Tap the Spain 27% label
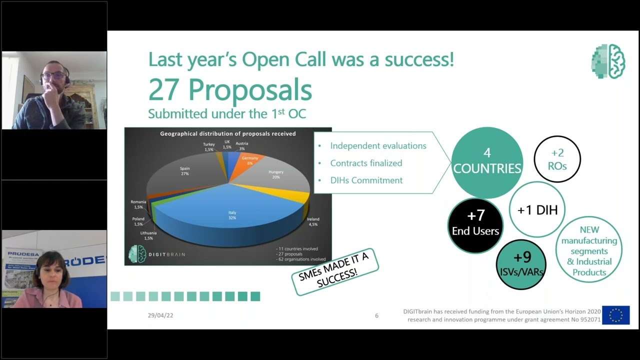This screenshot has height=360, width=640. pyautogui.click(x=185, y=171)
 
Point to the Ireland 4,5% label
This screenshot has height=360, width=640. pyautogui.click(x=313, y=221)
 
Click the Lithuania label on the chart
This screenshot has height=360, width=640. pyautogui.click(x=148, y=235)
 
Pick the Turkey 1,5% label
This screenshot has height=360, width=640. pyautogui.click(x=209, y=147)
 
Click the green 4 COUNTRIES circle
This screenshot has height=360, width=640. pyautogui.click(x=487, y=161)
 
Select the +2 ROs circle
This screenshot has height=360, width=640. pyautogui.click(x=557, y=159)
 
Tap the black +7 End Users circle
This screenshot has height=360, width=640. pyautogui.click(x=475, y=223)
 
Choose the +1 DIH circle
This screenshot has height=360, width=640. pyautogui.click(x=537, y=209)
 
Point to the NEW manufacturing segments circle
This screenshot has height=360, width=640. pyautogui.click(x=589, y=251)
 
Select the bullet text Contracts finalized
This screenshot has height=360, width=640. pyautogui.click(x=366, y=163)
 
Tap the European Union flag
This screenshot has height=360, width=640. pyautogui.click(x=615, y=315)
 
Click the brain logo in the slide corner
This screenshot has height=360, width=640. pyautogui.click(x=608, y=61)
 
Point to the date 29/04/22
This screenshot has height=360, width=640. pyautogui.click(x=160, y=315)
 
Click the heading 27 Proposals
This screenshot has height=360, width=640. pyautogui.click(x=230, y=90)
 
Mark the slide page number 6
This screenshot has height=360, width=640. pyautogui.click(x=376, y=315)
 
